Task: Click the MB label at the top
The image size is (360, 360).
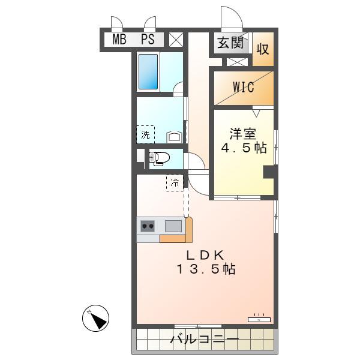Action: click(119, 39)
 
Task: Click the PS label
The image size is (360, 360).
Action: click(148, 39)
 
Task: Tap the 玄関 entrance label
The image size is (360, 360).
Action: click(230, 43)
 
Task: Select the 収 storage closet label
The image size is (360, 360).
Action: click(263, 49)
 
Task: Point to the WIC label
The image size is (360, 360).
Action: click(244, 87)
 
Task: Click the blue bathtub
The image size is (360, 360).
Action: click(148, 71)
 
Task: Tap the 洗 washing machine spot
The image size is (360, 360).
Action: click(145, 134)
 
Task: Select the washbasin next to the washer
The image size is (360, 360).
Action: click(174, 137)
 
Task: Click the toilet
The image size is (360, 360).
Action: click(159, 158)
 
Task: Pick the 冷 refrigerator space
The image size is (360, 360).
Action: click(175, 183)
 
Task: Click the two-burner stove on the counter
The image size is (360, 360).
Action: click(148, 226)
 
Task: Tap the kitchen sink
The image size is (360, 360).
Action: click(173, 226)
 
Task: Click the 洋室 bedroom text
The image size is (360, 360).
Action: click(243, 134)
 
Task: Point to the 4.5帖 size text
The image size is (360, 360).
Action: click(244, 148)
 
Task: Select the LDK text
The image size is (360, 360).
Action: click(205, 255)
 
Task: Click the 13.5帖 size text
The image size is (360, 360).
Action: click(206, 269)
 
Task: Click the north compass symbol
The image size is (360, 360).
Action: click(96, 318)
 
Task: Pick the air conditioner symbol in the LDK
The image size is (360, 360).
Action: click(259, 319)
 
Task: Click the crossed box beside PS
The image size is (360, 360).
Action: click(176, 40)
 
